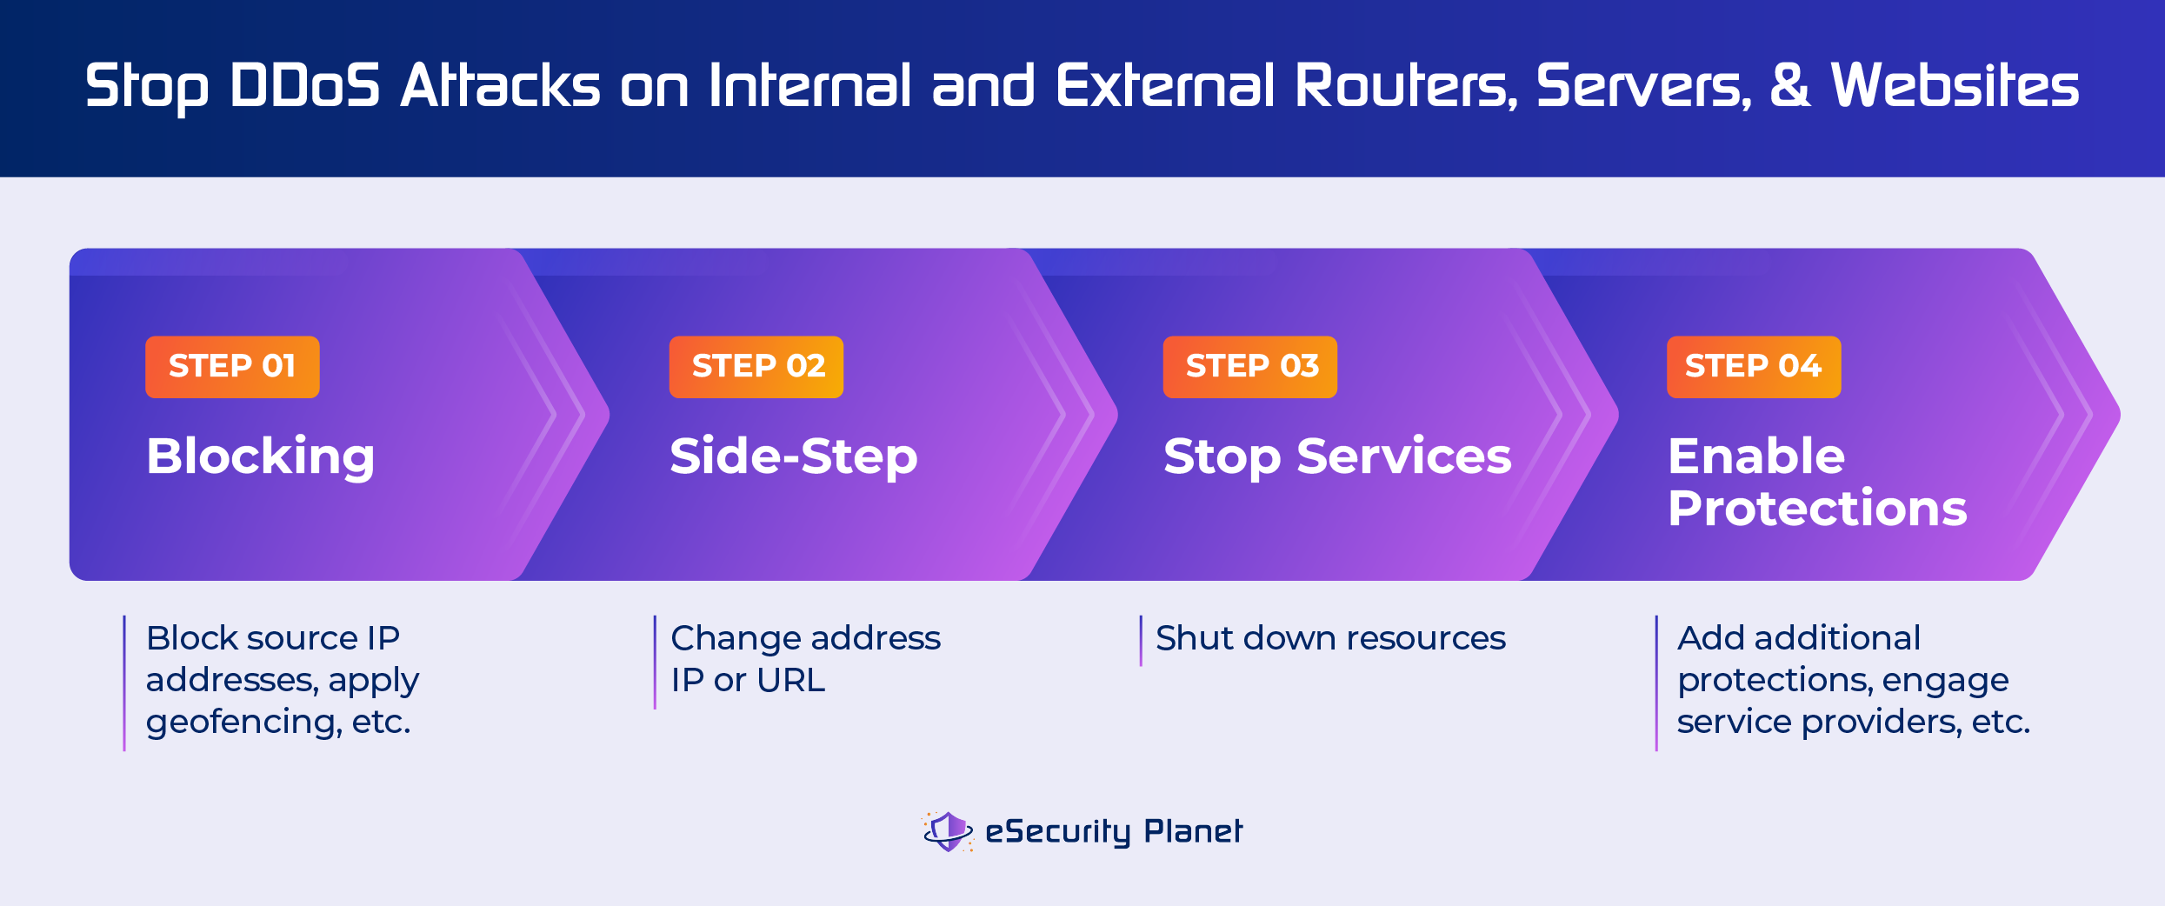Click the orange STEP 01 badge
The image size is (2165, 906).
(x=232, y=367)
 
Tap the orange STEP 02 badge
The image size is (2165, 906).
(x=756, y=367)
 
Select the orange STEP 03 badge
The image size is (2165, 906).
(x=1249, y=367)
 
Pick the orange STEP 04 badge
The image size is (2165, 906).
(x=1753, y=367)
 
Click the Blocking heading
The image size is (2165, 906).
(x=260, y=456)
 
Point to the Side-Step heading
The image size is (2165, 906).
(x=793, y=456)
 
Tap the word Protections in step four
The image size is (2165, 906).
(x=1816, y=509)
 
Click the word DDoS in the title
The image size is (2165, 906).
(x=304, y=86)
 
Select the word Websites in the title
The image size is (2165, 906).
(x=1954, y=86)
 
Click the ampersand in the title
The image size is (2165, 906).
(x=1789, y=86)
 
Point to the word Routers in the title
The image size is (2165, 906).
(x=1405, y=86)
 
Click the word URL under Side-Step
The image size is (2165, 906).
(x=790, y=680)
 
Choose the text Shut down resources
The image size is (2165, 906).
(x=1329, y=638)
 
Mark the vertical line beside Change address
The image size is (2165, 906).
(x=655, y=662)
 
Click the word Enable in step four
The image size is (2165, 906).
(x=1755, y=456)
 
